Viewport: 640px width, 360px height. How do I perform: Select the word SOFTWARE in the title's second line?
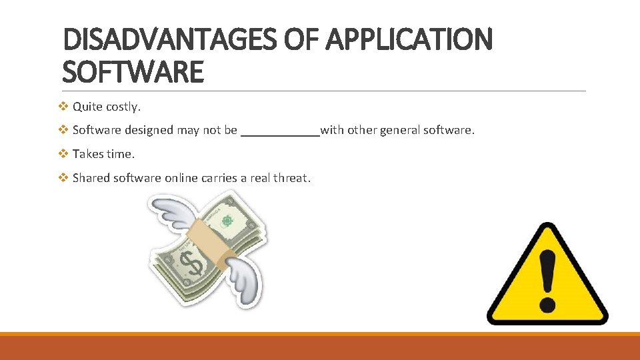tap(133, 71)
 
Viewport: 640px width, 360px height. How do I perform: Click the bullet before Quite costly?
tap(63, 106)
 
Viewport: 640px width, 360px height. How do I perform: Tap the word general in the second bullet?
tap(400, 130)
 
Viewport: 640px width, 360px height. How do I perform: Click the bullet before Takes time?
tap(63, 154)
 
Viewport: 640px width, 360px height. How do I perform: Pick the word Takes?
tap(87, 154)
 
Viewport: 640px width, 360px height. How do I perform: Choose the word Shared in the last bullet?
tap(91, 178)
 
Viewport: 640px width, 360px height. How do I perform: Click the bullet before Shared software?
tap(63, 178)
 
